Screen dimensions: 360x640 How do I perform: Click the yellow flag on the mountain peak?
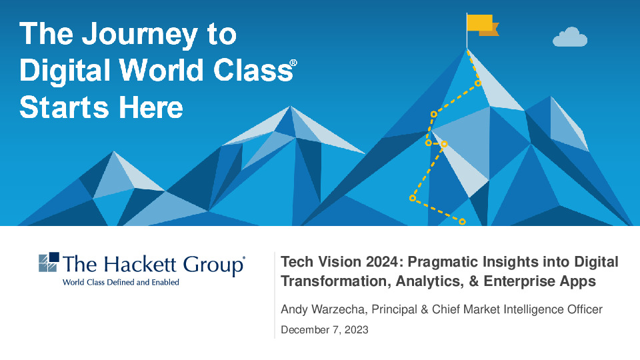tap(480, 25)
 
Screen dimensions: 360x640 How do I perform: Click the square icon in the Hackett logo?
tap(49, 263)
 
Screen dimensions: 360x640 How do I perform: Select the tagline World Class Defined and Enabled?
tap(121, 282)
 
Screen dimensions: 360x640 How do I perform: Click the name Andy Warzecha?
tap(323, 309)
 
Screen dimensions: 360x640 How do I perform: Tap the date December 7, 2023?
tap(324, 330)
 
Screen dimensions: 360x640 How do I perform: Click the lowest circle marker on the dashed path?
tap(462, 221)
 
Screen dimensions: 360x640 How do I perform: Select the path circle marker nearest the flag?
tap(477, 83)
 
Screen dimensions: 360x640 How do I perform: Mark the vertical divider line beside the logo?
tap(275, 294)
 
